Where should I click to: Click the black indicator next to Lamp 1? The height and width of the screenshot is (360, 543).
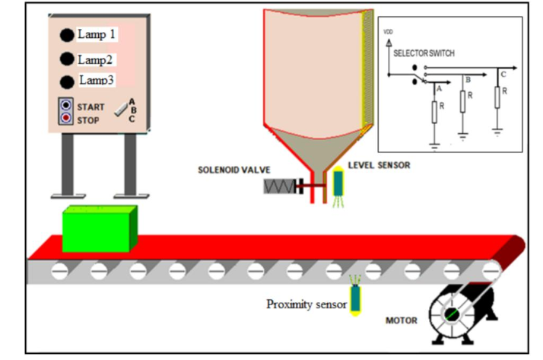(x=67, y=34)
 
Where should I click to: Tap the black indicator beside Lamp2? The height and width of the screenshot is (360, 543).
(x=67, y=59)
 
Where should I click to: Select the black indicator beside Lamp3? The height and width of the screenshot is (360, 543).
(x=67, y=81)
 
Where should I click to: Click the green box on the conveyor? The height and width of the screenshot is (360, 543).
(x=99, y=228)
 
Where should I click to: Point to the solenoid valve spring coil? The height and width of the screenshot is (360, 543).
(x=278, y=186)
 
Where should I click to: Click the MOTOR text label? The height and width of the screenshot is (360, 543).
(x=401, y=320)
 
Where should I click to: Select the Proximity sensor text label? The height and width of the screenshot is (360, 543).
(x=306, y=304)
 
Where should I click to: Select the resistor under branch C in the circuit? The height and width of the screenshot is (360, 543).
(x=497, y=97)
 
